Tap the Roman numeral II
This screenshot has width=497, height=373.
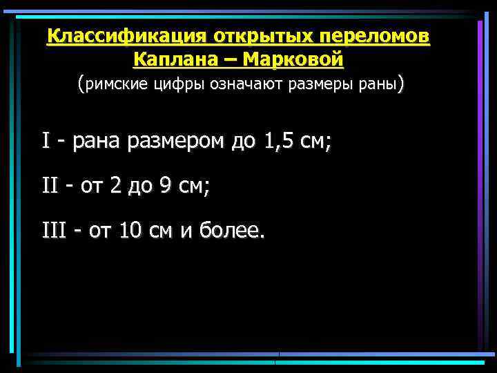point(48,186)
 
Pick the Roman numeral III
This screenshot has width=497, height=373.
point(52,230)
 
